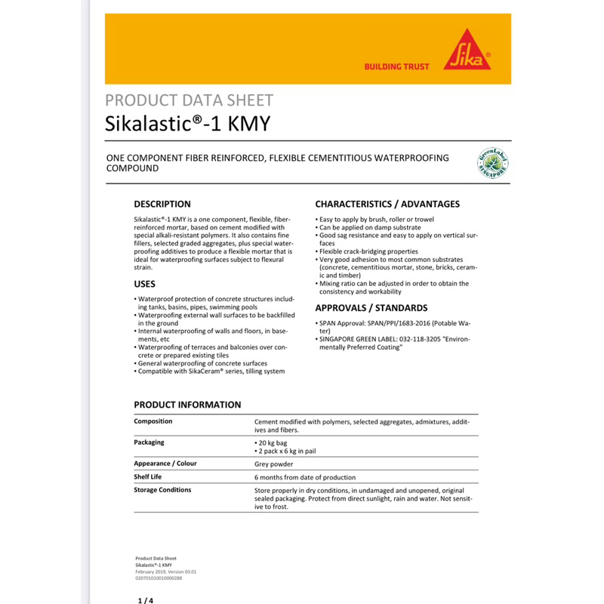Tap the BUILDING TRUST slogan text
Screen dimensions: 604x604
pyautogui.click(x=396, y=67)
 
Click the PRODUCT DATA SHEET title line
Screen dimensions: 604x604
pyautogui.click(x=189, y=100)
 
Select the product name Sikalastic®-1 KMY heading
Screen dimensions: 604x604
pyautogui.click(x=187, y=123)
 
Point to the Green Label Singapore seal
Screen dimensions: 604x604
pyautogui.click(x=492, y=163)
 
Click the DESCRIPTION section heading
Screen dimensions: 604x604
pyautogui.click(x=162, y=204)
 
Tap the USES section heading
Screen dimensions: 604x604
pyautogui.click(x=145, y=284)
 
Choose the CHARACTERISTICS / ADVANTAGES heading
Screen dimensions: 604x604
pyautogui.click(x=387, y=204)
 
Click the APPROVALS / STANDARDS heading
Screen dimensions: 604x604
pyautogui.click(x=371, y=308)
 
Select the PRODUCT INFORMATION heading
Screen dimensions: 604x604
pyautogui.click(x=187, y=405)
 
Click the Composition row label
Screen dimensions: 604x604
pyautogui.click(x=153, y=421)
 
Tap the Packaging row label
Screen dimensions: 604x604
pyautogui.click(x=149, y=442)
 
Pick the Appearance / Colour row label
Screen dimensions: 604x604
pyautogui.click(x=165, y=464)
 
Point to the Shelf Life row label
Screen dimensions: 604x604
pyautogui.click(x=148, y=477)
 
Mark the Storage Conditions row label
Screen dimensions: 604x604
pyautogui.click(x=162, y=490)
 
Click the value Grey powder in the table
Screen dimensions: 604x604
pyautogui.click(x=274, y=464)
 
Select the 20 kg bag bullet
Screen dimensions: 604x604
pyautogui.click(x=272, y=443)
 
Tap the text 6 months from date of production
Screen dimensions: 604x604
pyautogui.click(x=305, y=478)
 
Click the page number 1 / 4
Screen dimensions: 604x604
pyautogui.click(x=145, y=601)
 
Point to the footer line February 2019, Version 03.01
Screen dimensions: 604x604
pyautogui.click(x=165, y=572)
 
